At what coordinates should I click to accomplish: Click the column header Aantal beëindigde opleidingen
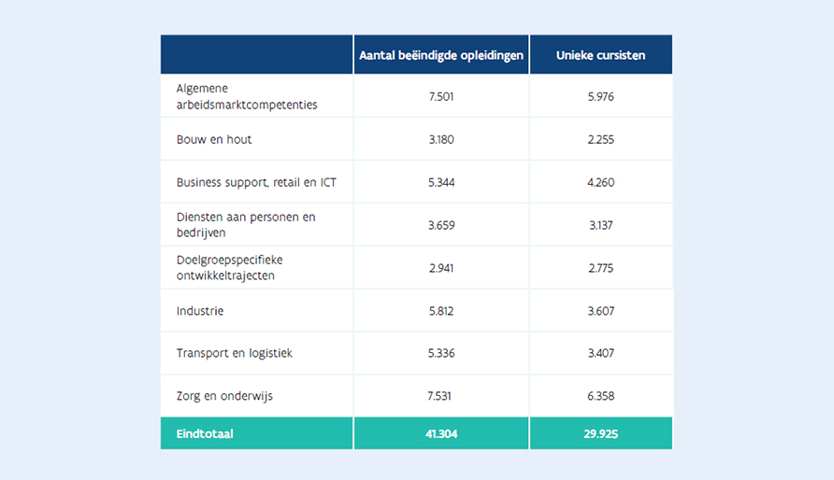tap(441, 56)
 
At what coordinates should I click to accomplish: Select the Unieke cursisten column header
tap(600, 56)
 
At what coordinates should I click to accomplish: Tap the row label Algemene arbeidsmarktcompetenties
tap(247, 96)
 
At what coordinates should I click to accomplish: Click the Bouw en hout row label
tap(214, 139)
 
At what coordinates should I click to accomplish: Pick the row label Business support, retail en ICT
tap(256, 182)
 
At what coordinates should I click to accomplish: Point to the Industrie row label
tap(200, 311)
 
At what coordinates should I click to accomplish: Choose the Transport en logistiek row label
tap(235, 354)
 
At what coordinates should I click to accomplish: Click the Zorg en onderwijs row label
tap(225, 397)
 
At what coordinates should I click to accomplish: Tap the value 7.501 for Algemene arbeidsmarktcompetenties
tap(440, 96)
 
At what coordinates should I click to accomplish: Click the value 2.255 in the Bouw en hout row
tap(600, 139)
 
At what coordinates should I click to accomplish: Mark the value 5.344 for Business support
tap(440, 182)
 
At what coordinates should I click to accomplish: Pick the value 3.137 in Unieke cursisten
tap(600, 225)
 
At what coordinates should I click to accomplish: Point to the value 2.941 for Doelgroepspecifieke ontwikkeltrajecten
tap(440, 268)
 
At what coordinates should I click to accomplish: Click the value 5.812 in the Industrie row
tap(440, 311)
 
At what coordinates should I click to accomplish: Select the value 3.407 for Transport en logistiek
tap(600, 354)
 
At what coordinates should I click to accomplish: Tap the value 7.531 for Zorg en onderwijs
tap(440, 397)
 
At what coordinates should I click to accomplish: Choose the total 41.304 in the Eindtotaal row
tap(440, 434)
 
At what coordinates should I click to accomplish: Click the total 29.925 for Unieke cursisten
tap(600, 434)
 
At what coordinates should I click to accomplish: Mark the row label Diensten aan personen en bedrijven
tap(246, 225)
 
